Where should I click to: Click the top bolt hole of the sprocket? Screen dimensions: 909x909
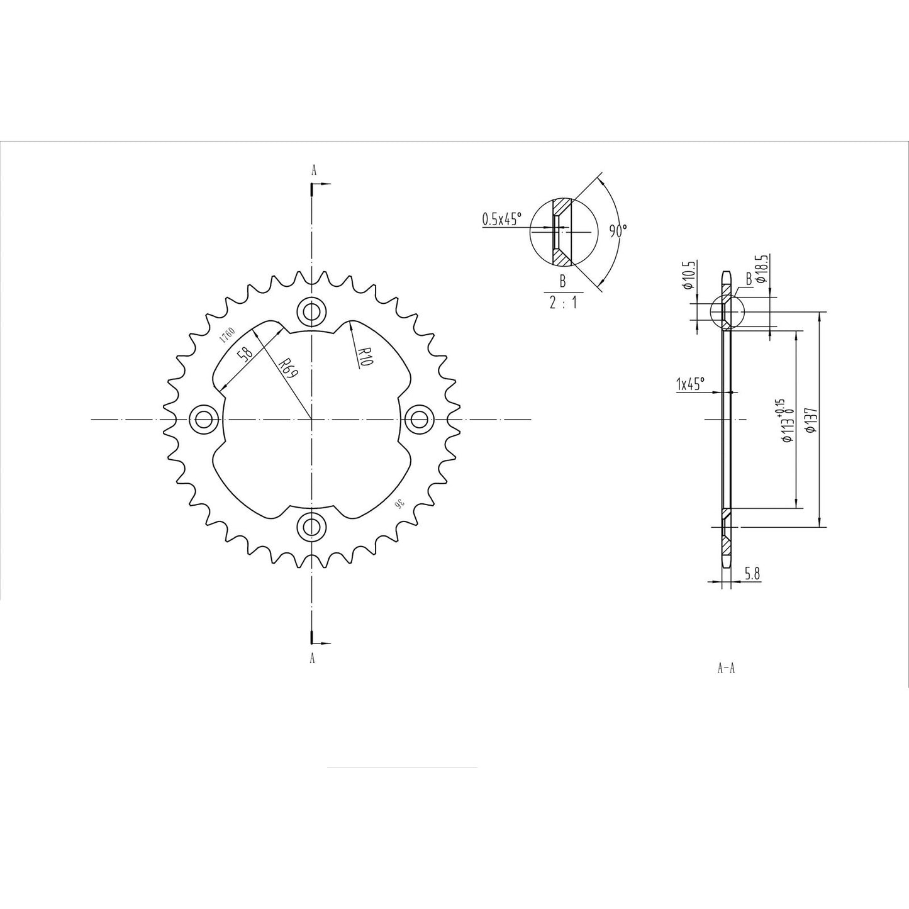pos(312,310)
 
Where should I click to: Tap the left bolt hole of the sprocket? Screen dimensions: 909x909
pos(204,418)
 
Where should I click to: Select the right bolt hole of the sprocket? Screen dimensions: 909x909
pos(418,418)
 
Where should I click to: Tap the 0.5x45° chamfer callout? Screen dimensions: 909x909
pos(502,220)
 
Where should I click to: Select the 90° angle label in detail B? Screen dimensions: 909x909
pos(618,231)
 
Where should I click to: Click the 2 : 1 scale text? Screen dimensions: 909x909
pos(562,303)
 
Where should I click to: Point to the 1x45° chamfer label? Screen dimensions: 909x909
pos(690,383)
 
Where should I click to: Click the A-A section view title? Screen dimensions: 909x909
pos(726,668)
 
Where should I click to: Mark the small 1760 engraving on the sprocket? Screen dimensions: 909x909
pos(226,334)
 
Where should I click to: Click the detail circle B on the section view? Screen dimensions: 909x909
pos(727,311)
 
